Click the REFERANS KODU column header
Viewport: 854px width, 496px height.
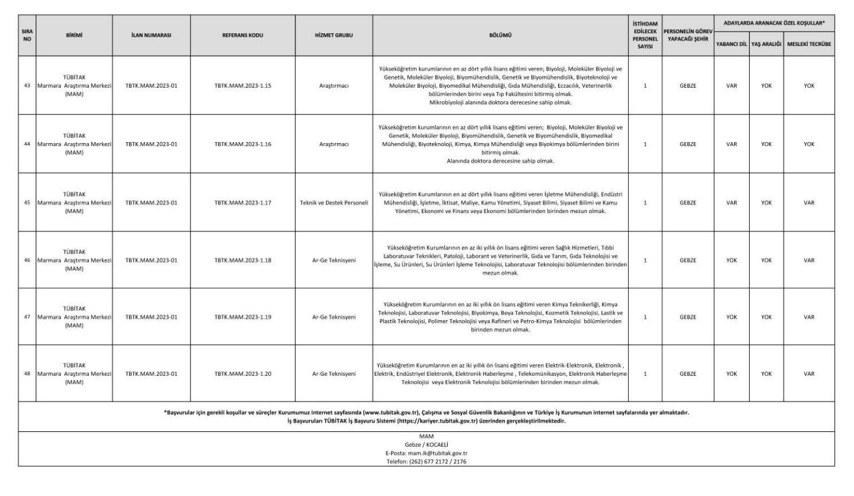point(242,36)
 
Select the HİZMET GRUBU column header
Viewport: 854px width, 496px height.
point(334,36)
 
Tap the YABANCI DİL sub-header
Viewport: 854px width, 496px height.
point(731,44)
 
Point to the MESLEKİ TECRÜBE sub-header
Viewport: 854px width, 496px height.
point(809,44)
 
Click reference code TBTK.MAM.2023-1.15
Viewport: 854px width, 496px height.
point(242,86)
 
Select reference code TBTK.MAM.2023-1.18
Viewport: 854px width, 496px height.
point(242,261)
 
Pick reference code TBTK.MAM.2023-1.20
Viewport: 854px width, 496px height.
point(242,374)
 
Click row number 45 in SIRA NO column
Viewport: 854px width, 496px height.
point(27,203)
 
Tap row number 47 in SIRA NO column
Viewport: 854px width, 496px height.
point(27,317)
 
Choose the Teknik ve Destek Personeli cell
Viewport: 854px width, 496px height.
point(334,203)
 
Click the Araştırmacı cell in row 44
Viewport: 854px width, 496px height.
point(334,144)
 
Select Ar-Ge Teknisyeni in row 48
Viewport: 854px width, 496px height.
point(334,374)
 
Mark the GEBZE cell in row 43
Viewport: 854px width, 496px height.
point(688,86)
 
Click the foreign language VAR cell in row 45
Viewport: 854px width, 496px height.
point(731,203)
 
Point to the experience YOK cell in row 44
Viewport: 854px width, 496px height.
point(809,144)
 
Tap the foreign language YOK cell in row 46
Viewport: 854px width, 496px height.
point(731,261)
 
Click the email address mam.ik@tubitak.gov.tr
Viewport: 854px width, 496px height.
point(426,453)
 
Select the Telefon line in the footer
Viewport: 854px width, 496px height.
point(426,462)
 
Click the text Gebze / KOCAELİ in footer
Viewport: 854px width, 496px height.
point(426,444)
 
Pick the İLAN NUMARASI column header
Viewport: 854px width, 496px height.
point(151,36)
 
